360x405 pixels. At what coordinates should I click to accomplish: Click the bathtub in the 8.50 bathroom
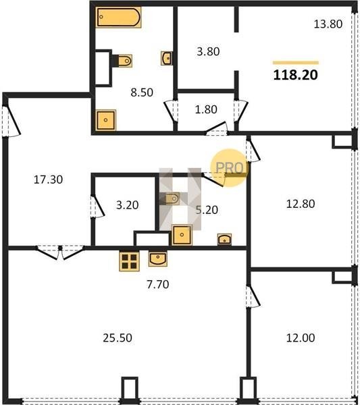(118, 17)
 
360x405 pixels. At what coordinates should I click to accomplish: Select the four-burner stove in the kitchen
(129, 261)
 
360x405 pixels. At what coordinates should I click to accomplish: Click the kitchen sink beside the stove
(157, 259)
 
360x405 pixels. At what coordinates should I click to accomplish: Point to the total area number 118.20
(295, 75)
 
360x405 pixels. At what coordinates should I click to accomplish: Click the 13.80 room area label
(328, 24)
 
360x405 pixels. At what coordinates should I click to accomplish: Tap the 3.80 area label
(208, 51)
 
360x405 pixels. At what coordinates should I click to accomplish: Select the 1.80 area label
(206, 109)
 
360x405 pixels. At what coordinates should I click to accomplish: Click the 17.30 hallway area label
(49, 180)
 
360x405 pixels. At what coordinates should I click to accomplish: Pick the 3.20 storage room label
(128, 205)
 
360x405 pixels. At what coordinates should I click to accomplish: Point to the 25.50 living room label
(118, 338)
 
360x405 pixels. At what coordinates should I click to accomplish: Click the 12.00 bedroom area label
(301, 338)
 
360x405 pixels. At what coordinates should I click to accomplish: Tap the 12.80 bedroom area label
(301, 204)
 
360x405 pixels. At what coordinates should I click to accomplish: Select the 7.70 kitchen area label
(158, 284)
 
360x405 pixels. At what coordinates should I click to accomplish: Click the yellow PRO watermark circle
(230, 167)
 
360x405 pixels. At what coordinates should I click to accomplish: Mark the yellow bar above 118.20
(296, 63)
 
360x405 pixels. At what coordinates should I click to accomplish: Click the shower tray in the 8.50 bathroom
(105, 120)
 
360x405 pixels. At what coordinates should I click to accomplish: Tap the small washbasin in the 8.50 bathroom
(167, 58)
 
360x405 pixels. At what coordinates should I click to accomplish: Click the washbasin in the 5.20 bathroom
(225, 239)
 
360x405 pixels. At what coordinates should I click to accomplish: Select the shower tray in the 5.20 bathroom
(182, 235)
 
